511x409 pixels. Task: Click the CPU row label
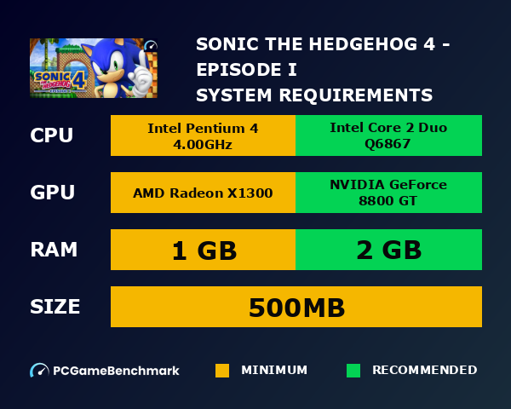click(x=52, y=135)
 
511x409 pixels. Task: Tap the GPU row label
click(x=52, y=193)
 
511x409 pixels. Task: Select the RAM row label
click(x=54, y=250)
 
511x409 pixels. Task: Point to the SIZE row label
click(x=55, y=307)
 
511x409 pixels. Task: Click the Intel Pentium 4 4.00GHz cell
click(x=203, y=135)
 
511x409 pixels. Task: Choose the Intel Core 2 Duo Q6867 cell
click(x=388, y=135)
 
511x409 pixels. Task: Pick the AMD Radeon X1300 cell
click(x=203, y=193)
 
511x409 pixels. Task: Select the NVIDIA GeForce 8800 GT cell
click(x=388, y=193)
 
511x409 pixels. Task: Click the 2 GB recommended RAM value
click(x=388, y=250)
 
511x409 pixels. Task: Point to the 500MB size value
click(x=296, y=307)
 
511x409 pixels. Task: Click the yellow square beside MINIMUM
click(x=222, y=371)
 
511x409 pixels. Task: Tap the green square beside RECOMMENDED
click(x=353, y=371)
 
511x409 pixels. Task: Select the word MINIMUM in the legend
click(x=274, y=371)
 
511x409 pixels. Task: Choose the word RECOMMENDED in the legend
click(x=424, y=371)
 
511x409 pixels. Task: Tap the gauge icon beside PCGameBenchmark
click(x=39, y=371)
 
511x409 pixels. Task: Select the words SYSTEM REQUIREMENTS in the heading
click(x=314, y=94)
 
